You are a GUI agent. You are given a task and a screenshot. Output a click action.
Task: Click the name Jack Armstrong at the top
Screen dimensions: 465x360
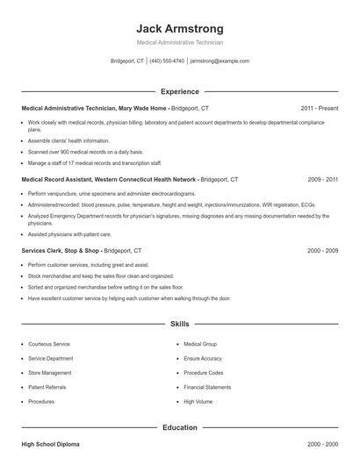click(180, 28)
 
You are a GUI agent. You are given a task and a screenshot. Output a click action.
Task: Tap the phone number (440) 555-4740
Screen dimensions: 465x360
click(167, 61)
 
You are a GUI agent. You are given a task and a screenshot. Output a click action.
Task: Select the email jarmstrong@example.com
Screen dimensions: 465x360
click(220, 61)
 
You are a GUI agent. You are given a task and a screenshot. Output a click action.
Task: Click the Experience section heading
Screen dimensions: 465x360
click(180, 91)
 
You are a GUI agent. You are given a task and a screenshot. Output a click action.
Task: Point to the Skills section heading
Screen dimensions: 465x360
click(180, 324)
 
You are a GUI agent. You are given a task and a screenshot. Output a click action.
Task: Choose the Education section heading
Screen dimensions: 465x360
click(180, 427)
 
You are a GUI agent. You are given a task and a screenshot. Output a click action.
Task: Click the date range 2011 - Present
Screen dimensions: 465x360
click(319, 108)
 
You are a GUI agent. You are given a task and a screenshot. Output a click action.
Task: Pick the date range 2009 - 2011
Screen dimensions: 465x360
click(322, 179)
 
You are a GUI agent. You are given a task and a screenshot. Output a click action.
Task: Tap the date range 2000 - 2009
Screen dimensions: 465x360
click(322, 250)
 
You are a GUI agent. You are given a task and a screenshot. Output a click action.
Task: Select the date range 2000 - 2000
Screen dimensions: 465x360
click(322, 446)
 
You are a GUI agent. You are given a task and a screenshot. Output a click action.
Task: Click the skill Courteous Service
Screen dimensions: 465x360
click(49, 344)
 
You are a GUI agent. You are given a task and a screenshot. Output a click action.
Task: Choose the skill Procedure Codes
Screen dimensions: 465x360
click(203, 373)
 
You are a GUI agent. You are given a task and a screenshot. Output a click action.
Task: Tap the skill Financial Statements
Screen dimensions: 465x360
click(207, 387)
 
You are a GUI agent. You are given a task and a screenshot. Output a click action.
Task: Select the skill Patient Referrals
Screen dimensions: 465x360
click(47, 387)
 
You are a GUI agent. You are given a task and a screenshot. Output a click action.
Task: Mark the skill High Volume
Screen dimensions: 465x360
click(198, 401)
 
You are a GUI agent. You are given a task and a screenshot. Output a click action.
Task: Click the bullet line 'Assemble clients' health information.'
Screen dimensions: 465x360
click(68, 140)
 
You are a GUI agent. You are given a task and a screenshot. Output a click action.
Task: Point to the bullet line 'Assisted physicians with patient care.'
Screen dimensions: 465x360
click(71, 234)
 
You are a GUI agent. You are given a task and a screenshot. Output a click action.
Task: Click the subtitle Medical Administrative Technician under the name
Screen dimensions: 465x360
click(180, 42)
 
